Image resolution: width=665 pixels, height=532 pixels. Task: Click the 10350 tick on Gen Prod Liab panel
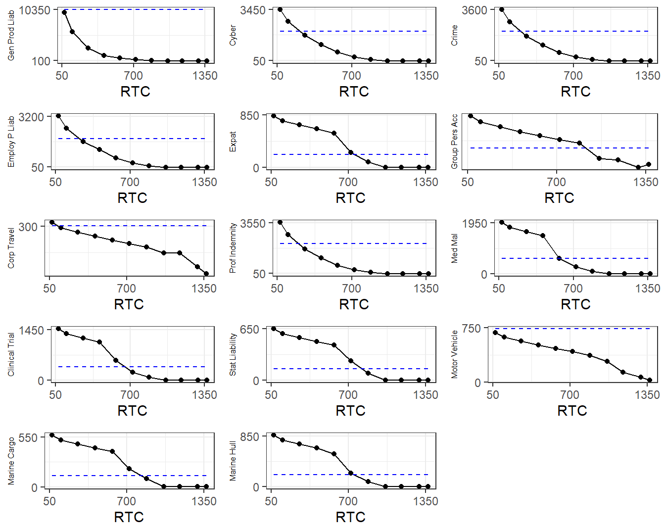pos(35,10)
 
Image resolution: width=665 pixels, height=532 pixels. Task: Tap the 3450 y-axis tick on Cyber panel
pos(253,10)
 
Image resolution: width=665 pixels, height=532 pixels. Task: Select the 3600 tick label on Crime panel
pos(475,10)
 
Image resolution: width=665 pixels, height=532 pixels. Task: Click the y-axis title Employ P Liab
pos(11,142)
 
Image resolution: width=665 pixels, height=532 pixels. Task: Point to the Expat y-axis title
pos(233,142)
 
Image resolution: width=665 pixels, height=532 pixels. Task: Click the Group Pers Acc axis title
pos(455,142)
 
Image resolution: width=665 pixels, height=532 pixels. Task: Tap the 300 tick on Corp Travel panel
pos(28,227)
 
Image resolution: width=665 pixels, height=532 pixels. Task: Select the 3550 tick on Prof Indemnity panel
pos(253,223)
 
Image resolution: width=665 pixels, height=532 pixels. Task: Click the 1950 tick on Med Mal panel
pos(475,223)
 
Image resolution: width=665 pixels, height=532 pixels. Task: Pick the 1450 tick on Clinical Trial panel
pos(31,330)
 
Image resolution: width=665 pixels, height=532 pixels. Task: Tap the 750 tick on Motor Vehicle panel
pos(471,328)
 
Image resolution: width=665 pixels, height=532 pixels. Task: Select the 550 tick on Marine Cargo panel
pos(28,437)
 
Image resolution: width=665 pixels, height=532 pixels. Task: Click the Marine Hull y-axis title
pos(233,461)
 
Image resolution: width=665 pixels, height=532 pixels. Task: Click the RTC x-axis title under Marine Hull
pos(350,517)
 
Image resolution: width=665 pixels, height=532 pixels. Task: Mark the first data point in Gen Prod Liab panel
pos(64,12)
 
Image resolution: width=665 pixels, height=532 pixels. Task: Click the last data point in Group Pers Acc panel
pos(649,164)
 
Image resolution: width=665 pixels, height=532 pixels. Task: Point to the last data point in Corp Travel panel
pos(206,274)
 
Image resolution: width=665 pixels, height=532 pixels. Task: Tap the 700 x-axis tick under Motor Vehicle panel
pos(570,394)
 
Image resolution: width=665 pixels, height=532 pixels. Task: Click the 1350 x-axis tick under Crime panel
pos(648,75)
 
